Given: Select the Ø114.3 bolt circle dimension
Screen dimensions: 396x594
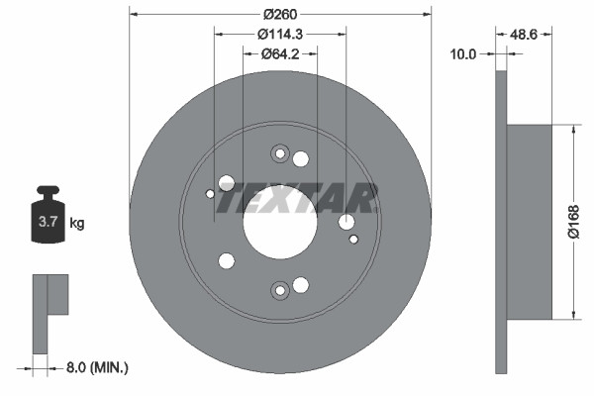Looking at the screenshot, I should [281, 35].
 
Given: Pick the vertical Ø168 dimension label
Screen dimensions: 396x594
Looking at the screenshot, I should [572, 222].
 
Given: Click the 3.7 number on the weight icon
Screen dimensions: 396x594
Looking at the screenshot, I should [47, 223].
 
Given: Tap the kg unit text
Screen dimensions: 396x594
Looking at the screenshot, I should [77, 223].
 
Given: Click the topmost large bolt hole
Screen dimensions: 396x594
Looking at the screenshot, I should [301, 158].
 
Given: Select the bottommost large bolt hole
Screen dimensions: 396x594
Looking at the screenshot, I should [301, 286].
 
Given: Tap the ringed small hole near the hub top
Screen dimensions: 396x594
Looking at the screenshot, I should [279, 153].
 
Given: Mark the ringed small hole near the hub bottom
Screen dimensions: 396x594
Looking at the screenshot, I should [279, 290].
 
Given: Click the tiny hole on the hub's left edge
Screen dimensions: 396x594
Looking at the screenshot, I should [210, 194].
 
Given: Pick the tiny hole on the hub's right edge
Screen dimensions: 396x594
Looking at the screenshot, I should [354, 238].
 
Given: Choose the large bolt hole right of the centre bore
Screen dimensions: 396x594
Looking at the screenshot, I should [346, 223].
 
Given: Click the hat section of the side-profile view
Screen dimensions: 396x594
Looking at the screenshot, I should [530, 222].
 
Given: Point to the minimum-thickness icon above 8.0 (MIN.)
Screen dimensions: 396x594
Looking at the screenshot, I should [49, 312].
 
